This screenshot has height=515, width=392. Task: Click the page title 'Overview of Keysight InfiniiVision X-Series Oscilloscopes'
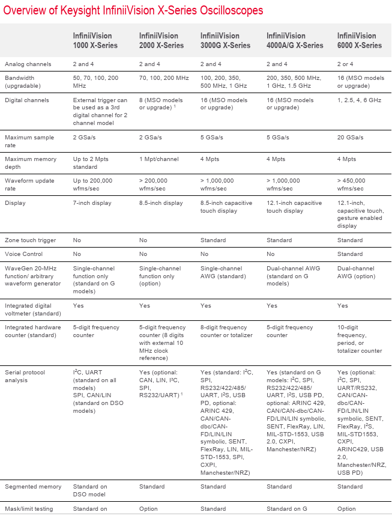point(134,11)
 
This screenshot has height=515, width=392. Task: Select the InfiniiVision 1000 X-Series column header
point(95,41)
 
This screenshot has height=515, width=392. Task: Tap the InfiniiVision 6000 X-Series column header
point(360,41)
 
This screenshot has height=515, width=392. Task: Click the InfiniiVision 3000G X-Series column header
point(225,41)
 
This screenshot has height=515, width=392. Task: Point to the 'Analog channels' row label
point(28,64)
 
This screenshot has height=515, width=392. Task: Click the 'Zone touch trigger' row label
point(31,240)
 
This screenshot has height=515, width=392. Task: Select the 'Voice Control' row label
point(25,254)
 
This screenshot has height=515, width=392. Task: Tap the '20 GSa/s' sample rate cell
point(351,138)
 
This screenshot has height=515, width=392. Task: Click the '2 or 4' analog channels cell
point(348,64)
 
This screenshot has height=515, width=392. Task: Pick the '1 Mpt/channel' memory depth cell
point(161,159)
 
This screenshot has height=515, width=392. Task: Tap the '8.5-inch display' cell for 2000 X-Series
point(161,203)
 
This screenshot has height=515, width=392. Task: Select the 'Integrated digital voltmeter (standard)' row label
point(33,309)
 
